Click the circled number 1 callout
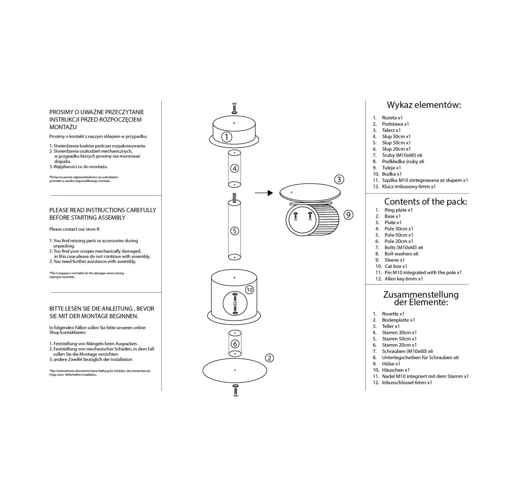227,137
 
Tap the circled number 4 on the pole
234,168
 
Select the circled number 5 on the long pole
234,231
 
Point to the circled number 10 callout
249,290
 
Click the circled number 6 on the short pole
235,344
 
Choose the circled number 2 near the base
269,358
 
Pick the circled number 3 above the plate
339,179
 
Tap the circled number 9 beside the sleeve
348,215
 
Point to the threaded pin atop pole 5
234,198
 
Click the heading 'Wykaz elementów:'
424,105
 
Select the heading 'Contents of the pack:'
425,202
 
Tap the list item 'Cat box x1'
396,266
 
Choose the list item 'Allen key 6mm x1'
403,279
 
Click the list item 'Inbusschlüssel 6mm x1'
407,382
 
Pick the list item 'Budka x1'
392,174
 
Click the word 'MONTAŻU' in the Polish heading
63,127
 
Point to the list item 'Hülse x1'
391,364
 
